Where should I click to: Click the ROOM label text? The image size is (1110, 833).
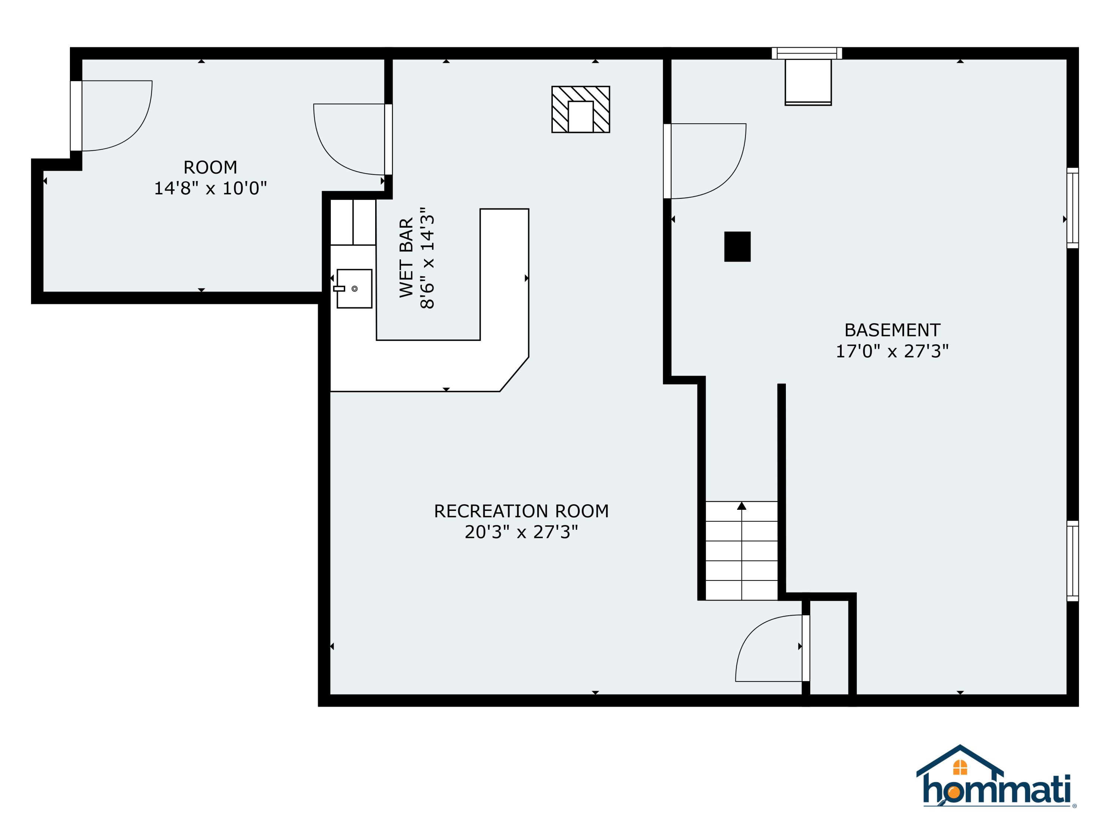210,167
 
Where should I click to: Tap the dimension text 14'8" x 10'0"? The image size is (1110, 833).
210,188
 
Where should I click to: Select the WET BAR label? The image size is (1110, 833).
406,258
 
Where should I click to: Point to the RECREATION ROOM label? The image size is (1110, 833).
521,511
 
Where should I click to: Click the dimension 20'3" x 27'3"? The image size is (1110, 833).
521,532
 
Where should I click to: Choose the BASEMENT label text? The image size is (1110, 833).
892,330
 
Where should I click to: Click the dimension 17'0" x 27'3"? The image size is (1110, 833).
892,351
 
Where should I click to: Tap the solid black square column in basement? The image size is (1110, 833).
737,247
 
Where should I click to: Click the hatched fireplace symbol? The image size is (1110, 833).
581,110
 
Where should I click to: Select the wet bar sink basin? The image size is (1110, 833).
354,289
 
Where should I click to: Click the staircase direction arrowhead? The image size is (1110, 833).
742,506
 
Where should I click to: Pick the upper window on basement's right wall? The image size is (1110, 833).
1072,208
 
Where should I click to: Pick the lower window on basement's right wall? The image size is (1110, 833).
1072,561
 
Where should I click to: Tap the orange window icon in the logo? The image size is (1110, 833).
960,767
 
